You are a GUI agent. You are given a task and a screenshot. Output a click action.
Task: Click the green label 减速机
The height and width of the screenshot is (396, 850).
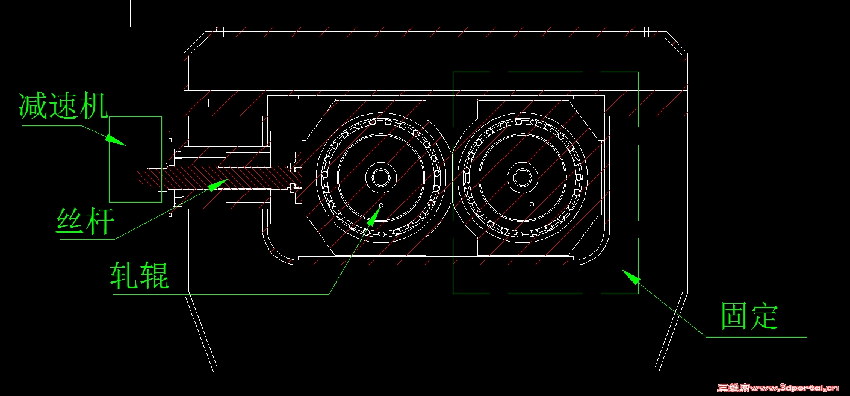click(63, 105)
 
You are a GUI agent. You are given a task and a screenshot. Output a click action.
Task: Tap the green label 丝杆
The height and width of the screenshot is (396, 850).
click(85, 221)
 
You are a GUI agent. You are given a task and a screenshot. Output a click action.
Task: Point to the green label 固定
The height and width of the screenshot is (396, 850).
click(749, 316)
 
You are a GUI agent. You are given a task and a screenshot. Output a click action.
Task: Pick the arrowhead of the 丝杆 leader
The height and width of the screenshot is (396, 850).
click(218, 185)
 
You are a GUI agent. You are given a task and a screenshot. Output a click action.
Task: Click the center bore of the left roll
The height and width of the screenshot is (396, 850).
click(381, 177)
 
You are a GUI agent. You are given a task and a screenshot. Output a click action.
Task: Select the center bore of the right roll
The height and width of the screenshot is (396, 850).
click(523, 177)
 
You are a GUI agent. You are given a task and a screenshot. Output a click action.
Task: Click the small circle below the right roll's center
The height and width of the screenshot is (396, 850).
click(532, 204)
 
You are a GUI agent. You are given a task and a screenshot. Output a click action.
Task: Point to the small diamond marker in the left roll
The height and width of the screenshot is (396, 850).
click(382, 206)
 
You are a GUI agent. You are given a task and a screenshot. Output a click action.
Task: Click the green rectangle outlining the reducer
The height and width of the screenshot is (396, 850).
click(110, 159)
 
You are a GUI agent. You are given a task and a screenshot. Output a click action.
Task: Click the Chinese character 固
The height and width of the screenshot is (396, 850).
click(734, 316)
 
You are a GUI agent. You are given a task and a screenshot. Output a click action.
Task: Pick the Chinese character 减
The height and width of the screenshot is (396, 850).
click(33, 105)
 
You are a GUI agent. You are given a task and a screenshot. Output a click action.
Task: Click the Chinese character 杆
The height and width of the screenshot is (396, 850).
click(100, 221)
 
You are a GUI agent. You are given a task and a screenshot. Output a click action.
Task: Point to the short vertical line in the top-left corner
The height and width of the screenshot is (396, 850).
click(131, 13)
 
